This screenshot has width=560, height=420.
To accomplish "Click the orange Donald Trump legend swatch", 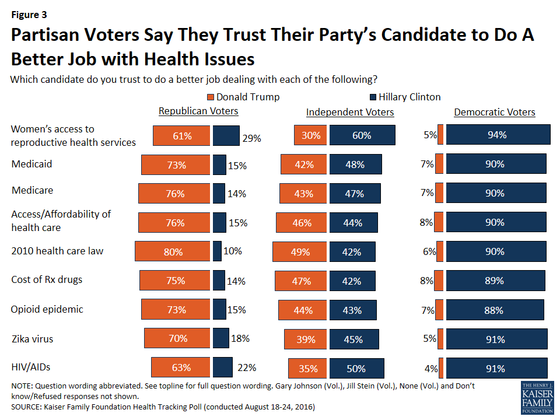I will [211, 97].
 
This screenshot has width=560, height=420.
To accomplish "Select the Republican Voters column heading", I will [198, 111].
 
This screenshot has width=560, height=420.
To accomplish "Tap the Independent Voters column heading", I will [350, 112].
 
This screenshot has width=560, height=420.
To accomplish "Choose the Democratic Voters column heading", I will [495, 112].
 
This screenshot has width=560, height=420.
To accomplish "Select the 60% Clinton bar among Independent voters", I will [362, 135].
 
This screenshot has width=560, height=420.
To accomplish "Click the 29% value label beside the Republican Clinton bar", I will [251, 139].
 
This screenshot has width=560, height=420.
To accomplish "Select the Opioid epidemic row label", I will [47, 309].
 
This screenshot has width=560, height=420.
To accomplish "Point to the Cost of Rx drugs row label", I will [47, 279].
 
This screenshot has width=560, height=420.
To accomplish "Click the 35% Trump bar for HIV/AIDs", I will [307, 368].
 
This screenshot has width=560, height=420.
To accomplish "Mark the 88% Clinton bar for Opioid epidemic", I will [494, 310].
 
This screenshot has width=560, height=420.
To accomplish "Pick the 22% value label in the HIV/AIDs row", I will [247, 368].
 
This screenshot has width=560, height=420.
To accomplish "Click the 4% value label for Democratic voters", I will [430, 368].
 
